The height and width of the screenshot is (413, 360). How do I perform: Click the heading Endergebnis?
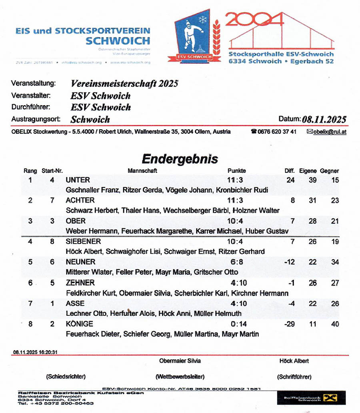tap(180, 159)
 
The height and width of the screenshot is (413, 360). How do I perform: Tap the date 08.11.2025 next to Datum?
tap(324, 119)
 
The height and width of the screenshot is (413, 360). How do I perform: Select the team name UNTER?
tap(78, 180)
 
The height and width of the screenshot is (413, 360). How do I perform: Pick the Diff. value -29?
tap(289, 324)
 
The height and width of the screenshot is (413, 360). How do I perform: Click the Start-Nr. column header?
tap(52, 171)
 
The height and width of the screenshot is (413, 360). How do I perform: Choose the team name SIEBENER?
tap(83, 241)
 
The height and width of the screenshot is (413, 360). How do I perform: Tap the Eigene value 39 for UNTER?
tap(312, 180)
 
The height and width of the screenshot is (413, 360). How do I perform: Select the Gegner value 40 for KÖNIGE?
tap(335, 324)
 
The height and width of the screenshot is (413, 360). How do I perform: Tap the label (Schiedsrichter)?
tap(66, 377)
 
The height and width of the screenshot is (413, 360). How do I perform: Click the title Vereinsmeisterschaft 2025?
tap(124, 84)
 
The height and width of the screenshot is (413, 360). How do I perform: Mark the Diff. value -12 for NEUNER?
tap(289, 262)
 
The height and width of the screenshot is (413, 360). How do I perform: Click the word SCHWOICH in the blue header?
tap(118, 41)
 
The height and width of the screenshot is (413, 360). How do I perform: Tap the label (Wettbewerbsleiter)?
tap(180, 377)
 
